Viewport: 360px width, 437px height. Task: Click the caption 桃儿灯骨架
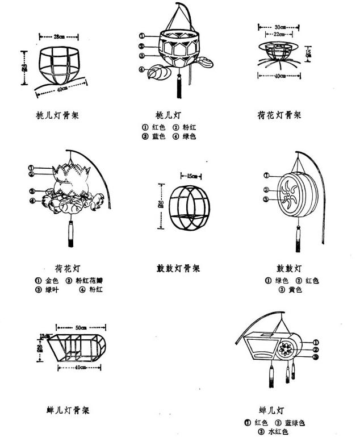pos(57,115)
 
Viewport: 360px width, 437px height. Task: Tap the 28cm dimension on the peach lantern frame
pos(59,37)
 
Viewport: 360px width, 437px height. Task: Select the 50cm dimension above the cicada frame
pos(81,327)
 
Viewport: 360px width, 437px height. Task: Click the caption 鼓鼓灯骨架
pos(178,268)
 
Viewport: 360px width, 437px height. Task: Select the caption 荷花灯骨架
pos(279,115)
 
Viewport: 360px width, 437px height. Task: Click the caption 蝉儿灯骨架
pos(68,410)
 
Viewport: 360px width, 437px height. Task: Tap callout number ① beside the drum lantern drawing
pos(266,175)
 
